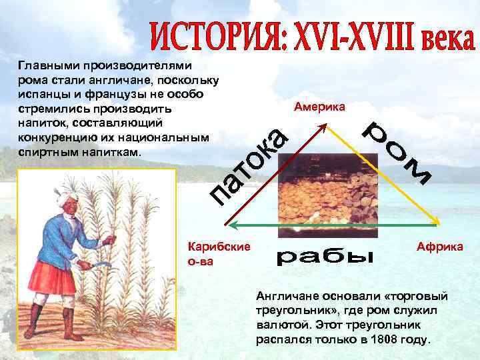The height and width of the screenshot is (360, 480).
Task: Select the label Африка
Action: pyautogui.click(x=440, y=247)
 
